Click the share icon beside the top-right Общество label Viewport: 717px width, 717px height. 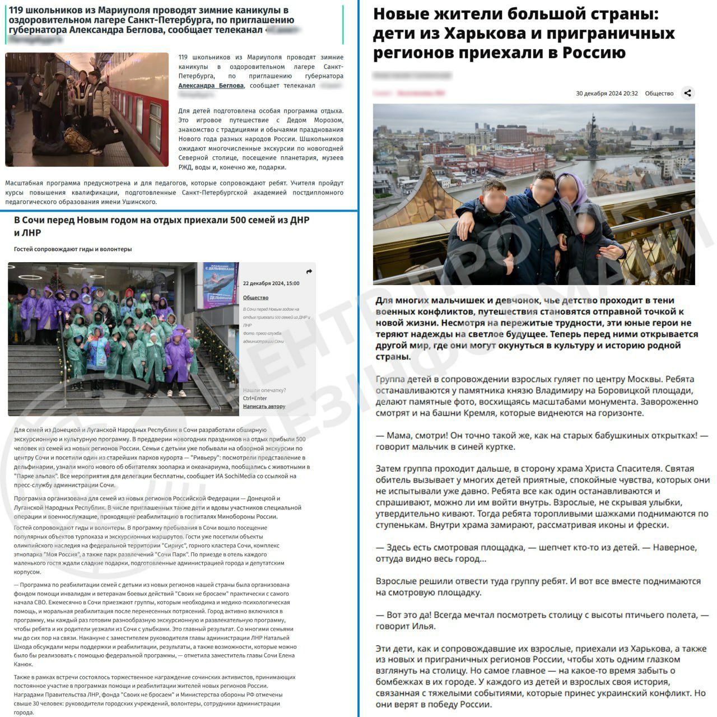[x=688, y=93]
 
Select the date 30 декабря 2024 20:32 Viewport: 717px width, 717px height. [x=607, y=94]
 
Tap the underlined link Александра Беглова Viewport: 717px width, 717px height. [x=211, y=86]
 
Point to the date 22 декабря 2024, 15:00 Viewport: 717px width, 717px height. [x=271, y=283]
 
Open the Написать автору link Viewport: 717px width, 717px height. [x=264, y=406]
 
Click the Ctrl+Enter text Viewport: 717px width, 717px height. [x=255, y=398]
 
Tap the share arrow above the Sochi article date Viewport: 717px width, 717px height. [x=309, y=272]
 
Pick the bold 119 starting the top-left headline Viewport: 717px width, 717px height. [x=18, y=10]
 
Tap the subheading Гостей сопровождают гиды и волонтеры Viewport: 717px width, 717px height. [x=73, y=249]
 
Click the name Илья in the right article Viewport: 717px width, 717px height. [x=424, y=626]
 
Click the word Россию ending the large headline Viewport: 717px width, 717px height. [x=595, y=53]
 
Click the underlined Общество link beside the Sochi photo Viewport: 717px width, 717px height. [x=255, y=297]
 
